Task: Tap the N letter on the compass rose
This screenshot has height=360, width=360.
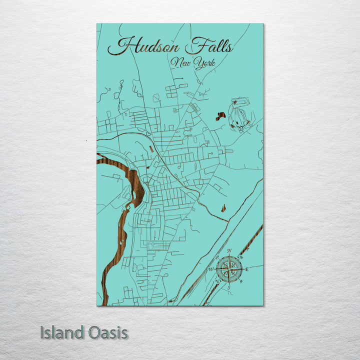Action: click(x=229, y=250)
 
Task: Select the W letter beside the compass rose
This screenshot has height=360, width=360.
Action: click(x=210, y=269)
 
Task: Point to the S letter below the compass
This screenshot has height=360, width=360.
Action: click(x=228, y=287)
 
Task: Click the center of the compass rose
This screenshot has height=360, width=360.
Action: click(x=228, y=269)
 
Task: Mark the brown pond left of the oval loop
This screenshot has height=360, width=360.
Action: click(x=220, y=116)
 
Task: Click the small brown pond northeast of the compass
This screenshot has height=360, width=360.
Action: click(x=223, y=207)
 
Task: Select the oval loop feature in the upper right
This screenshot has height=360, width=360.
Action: click(x=239, y=114)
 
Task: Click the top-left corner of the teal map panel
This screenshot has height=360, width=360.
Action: click(x=97, y=24)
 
